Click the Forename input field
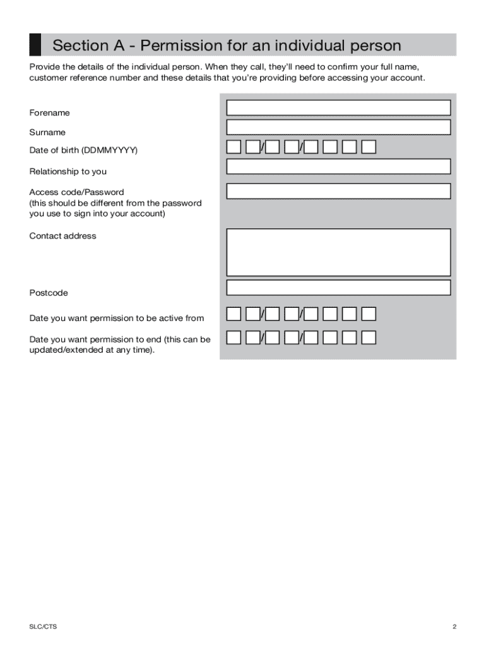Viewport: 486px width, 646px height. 338,108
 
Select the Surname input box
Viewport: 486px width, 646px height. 338,127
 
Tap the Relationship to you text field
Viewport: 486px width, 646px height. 338,167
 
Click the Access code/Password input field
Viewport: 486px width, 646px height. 338,191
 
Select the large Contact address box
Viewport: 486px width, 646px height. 338,252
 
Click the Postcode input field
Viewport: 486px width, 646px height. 338,288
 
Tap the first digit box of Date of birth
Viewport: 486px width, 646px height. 234,148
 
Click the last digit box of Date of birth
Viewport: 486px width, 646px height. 369,148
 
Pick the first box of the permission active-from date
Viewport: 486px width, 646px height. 234,314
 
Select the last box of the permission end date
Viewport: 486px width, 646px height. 369,338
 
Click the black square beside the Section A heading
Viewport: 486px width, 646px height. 35,45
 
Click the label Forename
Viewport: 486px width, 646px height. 49,113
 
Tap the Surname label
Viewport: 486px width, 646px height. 47,132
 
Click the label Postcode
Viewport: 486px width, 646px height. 49,293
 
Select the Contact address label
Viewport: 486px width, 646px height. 62,236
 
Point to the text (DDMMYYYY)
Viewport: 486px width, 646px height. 109,150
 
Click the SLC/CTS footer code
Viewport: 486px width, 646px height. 39,626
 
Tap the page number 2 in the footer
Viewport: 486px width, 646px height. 454,626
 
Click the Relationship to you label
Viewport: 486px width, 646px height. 68,172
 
